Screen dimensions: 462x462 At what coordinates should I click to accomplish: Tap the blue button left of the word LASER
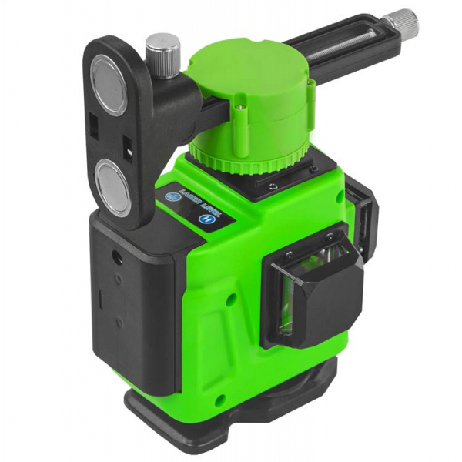point(172,197)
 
